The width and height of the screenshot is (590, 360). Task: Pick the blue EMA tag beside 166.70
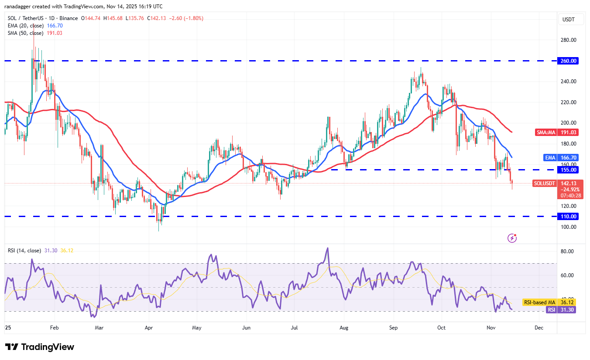coord(550,157)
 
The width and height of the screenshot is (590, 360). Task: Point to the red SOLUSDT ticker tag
coord(545,183)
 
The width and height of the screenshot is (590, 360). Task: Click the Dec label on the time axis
coord(539,327)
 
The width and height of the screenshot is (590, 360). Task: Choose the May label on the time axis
coord(196,327)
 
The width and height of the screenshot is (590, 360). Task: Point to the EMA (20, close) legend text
coord(25,26)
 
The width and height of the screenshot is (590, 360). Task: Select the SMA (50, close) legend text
coord(25,33)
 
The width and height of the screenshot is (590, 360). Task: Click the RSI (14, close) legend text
coord(24,251)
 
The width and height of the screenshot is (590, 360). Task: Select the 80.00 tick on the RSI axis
coord(567,251)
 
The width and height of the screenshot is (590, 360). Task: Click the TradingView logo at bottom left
coord(40,347)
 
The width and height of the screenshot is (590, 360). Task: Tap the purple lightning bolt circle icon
coord(512,238)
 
